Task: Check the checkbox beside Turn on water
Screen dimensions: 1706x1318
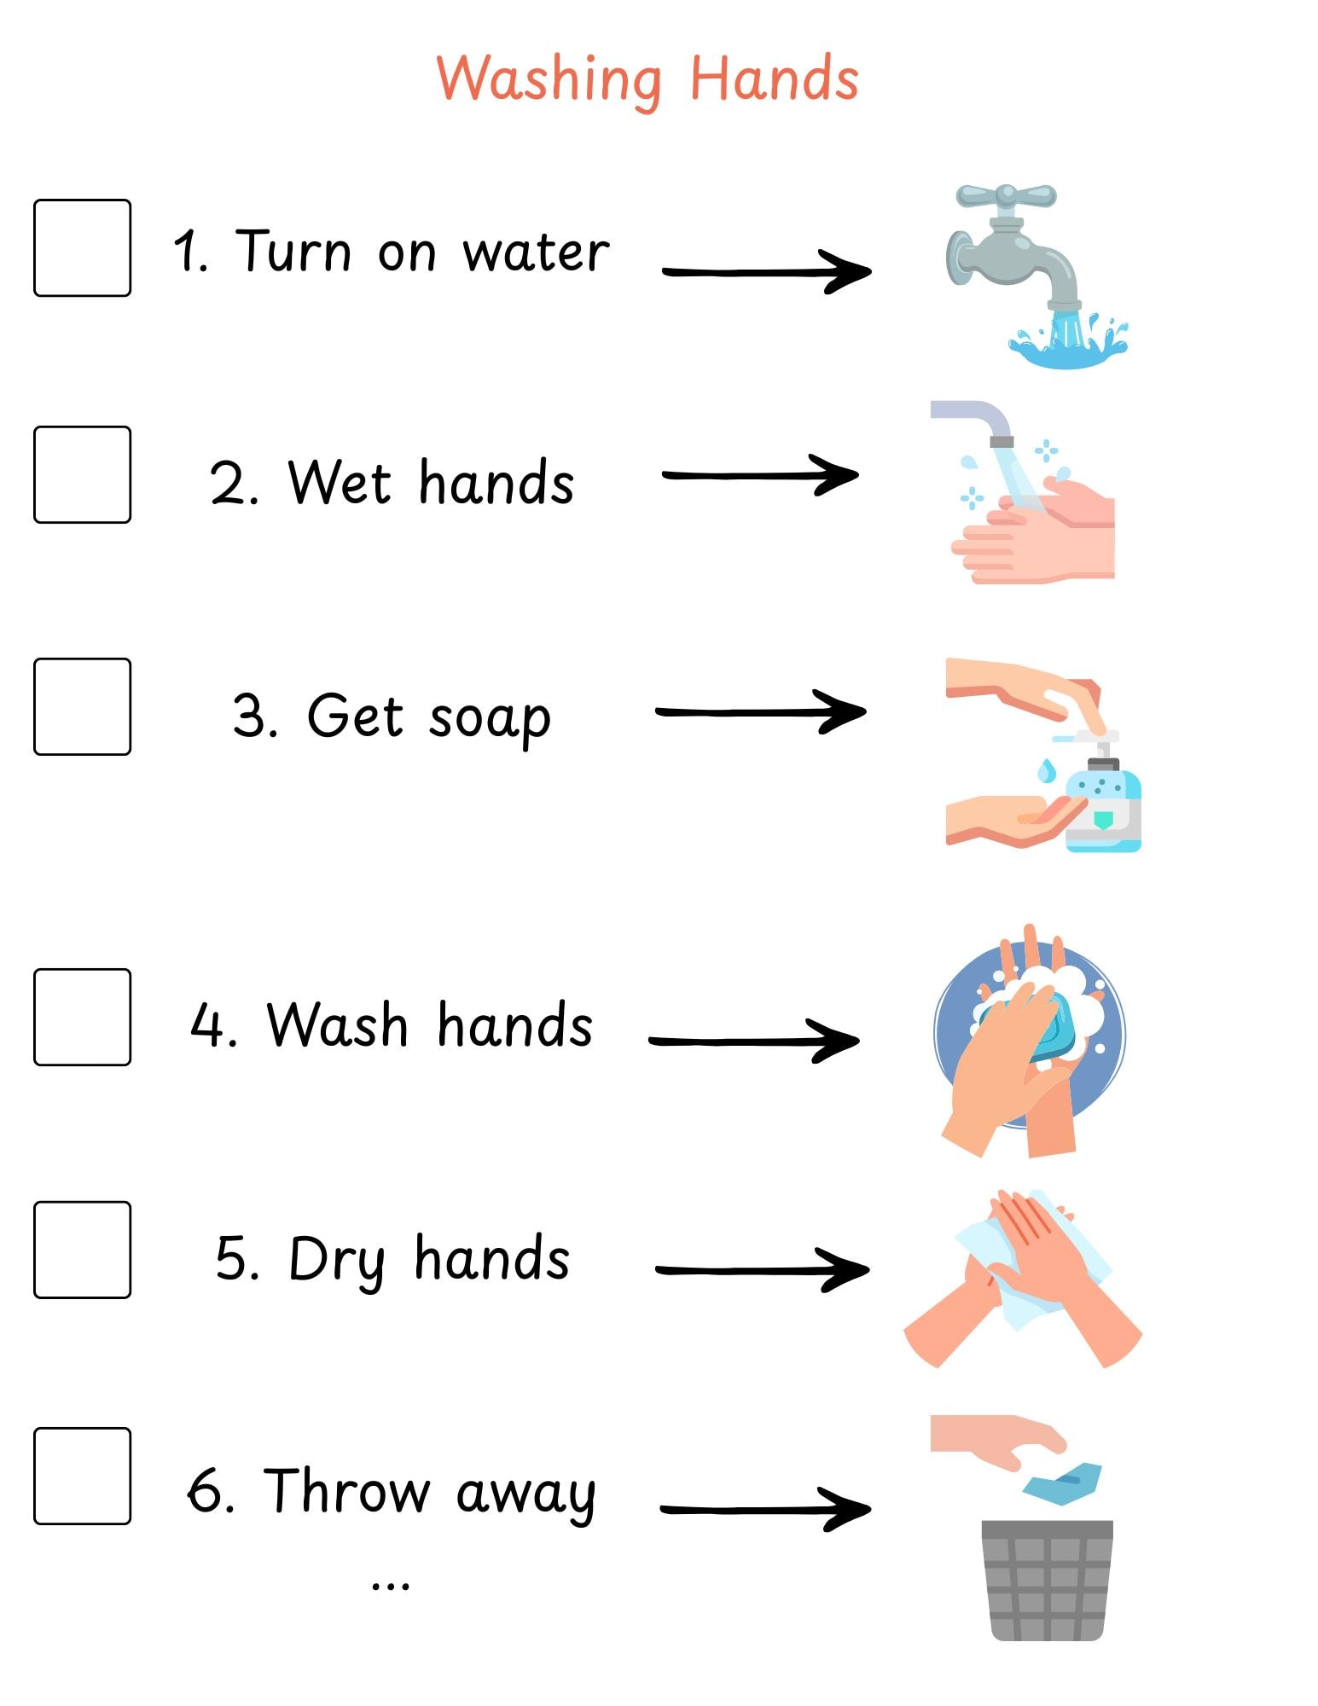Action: coord(82,248)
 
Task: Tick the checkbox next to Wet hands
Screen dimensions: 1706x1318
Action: coord(82,474)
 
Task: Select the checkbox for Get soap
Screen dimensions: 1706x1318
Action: coord(82,706)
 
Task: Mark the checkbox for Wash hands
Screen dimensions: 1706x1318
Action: coord(82,1017)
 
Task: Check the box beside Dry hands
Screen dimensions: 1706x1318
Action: coord(82,1250)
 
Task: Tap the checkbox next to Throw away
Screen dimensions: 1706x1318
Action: coord(82,1476)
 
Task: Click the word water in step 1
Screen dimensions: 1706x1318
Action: coord(536,252)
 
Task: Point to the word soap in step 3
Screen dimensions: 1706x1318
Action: coord(490,718)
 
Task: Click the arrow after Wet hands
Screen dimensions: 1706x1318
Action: coord(759,475)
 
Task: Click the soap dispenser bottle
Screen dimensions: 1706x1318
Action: coord(1104,802)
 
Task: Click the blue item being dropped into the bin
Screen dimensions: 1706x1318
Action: coord(1062,1483)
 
